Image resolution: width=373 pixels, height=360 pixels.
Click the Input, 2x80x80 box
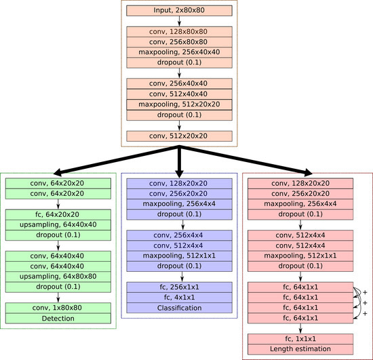pos(179,11)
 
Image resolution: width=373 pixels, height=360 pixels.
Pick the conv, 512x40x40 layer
pos(179,94)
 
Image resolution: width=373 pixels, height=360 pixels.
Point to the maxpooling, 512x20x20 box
pos(179,104)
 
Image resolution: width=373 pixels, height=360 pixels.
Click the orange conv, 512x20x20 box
pos(179,136)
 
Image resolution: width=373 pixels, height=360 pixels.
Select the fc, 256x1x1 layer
pos(180,287)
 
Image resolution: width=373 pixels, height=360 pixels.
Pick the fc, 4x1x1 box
pos(180,298)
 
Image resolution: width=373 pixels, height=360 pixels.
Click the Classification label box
pos(180,308)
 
